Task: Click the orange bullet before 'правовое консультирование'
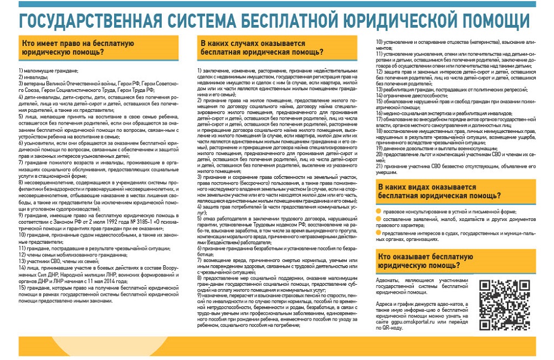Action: coord(378,211)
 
